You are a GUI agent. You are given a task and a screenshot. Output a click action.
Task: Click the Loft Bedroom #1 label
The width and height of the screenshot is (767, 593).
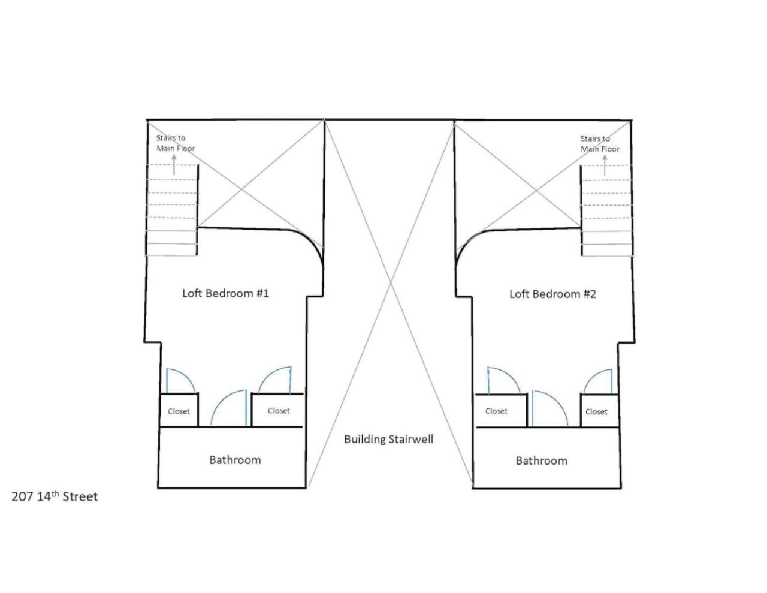tap(225, 293)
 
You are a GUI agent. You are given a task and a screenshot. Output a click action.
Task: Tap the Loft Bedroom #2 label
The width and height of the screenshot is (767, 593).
tap(552, 294)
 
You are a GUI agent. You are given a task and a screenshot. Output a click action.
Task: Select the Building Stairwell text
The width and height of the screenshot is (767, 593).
tap(389, 440)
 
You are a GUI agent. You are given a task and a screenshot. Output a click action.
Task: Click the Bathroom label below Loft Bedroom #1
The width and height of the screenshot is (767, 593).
tap(235, 460)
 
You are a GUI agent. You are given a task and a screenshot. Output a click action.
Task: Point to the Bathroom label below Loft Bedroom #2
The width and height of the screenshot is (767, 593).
tap(542, 461)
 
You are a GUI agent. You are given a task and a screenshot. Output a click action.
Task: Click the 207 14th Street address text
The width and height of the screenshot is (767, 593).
tap(55, 497)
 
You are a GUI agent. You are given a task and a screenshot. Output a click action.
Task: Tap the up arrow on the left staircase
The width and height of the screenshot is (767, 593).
tap(174, 165)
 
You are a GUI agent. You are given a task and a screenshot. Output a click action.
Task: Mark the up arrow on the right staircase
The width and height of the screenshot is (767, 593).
tap(605, 165)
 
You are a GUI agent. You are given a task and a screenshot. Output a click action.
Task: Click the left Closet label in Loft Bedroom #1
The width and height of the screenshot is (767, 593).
tap(179, 411)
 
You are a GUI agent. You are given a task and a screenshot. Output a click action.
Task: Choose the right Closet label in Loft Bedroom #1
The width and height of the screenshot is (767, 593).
tap(279, 411)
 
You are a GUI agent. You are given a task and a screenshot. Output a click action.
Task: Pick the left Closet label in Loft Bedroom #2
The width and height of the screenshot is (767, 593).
tap(496, 411)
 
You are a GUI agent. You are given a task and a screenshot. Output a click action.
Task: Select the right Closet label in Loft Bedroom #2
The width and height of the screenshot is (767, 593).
tap(596, 412)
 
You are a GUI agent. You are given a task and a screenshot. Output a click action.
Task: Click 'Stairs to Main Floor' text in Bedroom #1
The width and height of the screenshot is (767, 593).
tap(176, 143)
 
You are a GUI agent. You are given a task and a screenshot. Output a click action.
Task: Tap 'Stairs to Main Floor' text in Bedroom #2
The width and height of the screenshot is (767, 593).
tap(600, 144)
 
